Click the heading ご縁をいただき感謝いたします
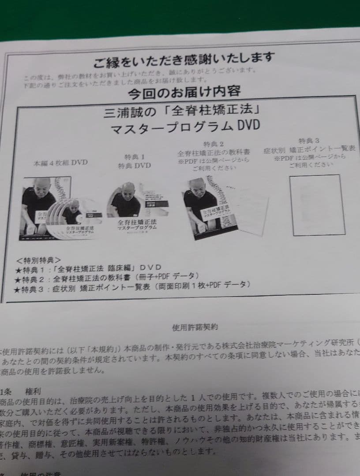coord(184,59)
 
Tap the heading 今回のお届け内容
coord(184,92)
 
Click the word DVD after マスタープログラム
coord(248,126)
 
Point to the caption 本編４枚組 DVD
coord(60,163)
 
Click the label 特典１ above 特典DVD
coord(134,157)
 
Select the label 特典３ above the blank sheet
coord(309,141)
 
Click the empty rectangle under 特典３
coord(317,205)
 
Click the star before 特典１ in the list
coord(18,268)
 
